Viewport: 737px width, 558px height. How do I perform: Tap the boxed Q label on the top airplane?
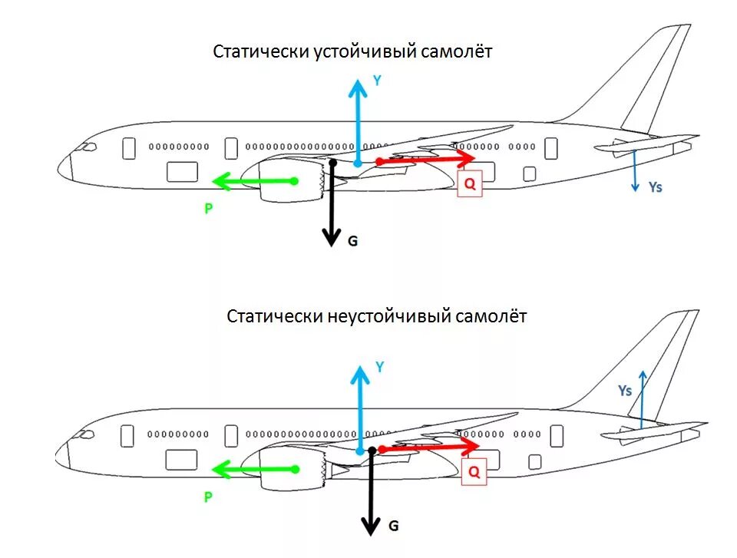click(470, 184)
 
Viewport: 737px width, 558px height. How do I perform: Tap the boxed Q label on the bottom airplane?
click(474, 472)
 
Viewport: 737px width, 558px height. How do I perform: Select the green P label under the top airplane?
click(207, 208)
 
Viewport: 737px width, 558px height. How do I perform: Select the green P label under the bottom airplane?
click(207, 497)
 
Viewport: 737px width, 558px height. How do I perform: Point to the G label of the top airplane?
click(352, 240)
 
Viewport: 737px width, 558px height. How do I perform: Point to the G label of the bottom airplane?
click(393, 526)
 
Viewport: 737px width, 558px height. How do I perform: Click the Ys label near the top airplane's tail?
click(654, 187)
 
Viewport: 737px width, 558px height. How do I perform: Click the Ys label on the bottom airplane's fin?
click(625, 390)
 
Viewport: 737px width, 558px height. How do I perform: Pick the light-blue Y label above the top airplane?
click(377, 80)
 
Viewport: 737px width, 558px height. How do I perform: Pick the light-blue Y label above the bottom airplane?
click(379, 367)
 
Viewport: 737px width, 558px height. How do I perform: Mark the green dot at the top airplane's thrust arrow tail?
click(295, 181)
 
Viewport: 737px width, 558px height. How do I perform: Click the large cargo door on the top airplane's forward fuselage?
click(183, 172)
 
